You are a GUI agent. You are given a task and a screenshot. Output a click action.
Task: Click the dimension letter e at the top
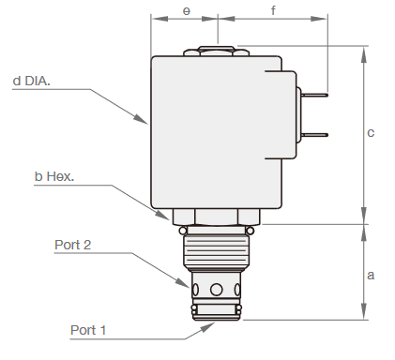pos(186,11)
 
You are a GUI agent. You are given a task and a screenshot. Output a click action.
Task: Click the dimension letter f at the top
pos(273,10)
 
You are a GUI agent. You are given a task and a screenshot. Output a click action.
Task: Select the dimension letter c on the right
pos(371,133)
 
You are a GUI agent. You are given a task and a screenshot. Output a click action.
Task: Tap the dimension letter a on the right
pos(371,276)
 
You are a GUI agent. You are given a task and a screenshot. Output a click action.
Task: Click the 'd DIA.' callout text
pos(31,81)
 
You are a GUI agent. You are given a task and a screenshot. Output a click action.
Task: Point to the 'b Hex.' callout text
pos(54,176)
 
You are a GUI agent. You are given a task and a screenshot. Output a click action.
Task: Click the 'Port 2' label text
pos(73,245)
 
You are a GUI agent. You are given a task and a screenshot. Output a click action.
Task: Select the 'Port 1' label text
pos(88,330)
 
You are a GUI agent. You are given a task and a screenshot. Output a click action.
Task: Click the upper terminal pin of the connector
pos(314,95)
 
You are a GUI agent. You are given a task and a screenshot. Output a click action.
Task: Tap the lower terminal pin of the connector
pos(314,135)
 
